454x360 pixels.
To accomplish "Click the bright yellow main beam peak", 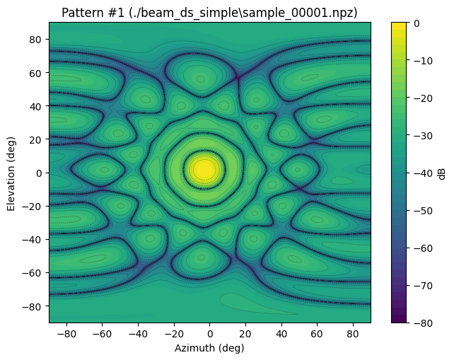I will (x=204, y=169).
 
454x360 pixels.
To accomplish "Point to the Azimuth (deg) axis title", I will (x=210, y=348).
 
